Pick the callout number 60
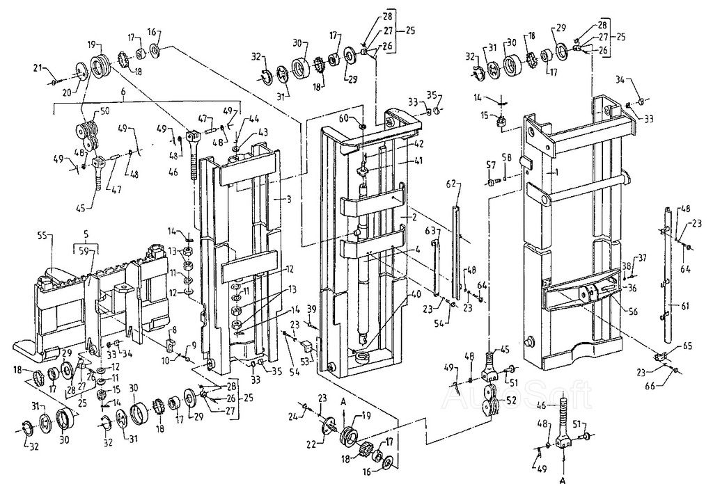click(x=363, y=119)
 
